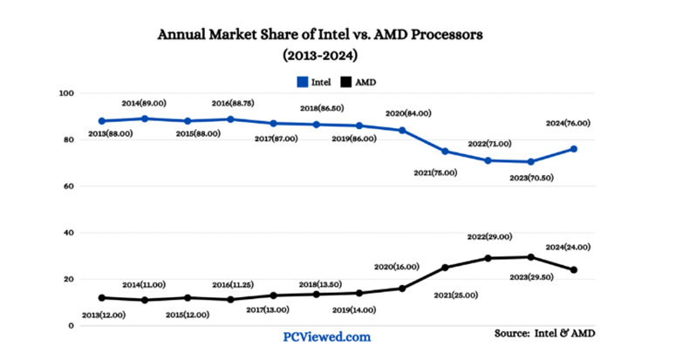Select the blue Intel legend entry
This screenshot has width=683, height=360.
pyautogui.click(x=313, y=81)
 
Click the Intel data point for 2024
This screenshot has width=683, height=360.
pyautogui.click(x=573, y=149)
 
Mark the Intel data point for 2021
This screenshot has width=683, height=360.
pyautogui.click(x=445, y=151)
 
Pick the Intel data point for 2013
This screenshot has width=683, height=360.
pyautogui.click(x=102, y=121)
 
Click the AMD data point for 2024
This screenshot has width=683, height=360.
pyautogui.click(x=573, y=270)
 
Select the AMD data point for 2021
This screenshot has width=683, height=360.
pyautogui.click(x=445, y=268)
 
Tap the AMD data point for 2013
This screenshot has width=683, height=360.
pyautogui.click(x=102, y=298)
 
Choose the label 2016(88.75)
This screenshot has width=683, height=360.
pyautogui.click(x=232, y=103)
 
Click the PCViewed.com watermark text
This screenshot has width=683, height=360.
pyautogui.click(x=327, y=336)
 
